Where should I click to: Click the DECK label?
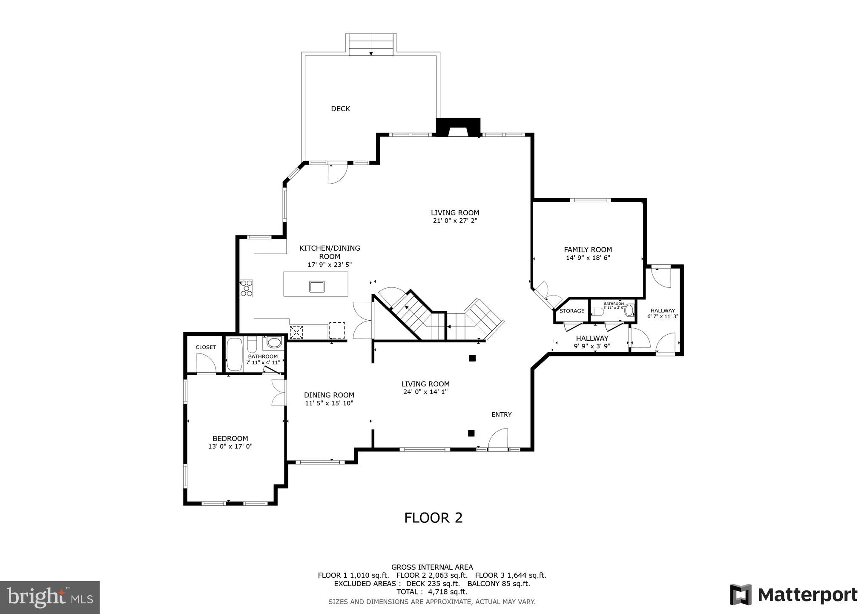[x=340, y=109]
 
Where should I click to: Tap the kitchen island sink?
[x=317, y=286]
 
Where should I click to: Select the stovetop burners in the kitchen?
[x=246, y=288]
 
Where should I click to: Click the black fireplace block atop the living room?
[x=458, y=127]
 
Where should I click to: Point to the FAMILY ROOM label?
[x=588, y=250]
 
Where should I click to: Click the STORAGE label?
[x=571, y=311]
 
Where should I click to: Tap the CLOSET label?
[x=206, y=347]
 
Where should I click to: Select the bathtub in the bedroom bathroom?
[x=234, y=355]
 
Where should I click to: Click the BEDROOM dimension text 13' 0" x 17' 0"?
[x=230, y=446]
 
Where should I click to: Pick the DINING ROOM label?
[x=329, y=395]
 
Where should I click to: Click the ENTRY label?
[x=501, y=414]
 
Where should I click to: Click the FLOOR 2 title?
[x=433, y=518]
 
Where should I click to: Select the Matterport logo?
[x=793, y=595]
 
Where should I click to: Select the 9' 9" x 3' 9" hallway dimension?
[x=592, y=346]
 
